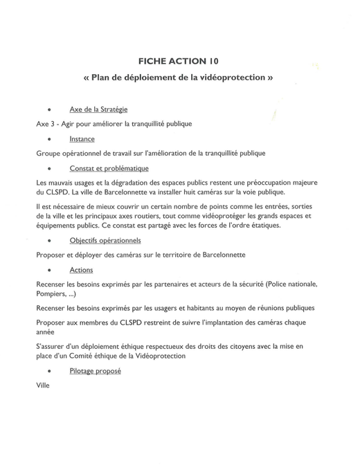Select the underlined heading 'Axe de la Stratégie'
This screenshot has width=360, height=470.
click(98, 109)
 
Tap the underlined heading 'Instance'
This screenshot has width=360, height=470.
click(82, 138)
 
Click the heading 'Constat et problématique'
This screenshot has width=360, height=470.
click(109, 168)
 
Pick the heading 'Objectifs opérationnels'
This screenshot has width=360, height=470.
click(105, 240)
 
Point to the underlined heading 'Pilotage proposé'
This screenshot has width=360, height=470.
click(96, 371)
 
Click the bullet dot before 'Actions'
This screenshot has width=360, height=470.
click(49, 270)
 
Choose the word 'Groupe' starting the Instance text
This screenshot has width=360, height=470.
click(49, 152)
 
